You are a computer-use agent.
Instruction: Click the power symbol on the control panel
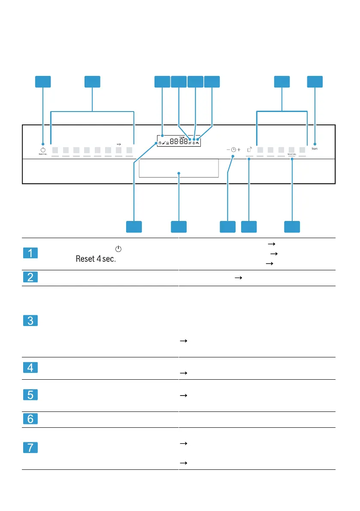pos(43,149)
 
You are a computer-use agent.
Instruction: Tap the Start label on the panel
pos(315,148)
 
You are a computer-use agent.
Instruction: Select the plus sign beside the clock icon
pos(239,150)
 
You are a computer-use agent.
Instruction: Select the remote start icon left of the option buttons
pos(249,149)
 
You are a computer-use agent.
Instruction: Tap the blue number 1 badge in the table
pos(30,253)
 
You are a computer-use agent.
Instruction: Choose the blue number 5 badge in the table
pos(30,395)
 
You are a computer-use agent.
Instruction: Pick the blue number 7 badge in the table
pos(30,448)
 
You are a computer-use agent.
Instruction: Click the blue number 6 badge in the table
pos(30,419)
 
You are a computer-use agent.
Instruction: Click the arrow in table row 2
pos(237,278)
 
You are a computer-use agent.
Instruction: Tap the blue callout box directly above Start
pos(315,82)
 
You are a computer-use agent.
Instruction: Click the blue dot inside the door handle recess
pos(179,173)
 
